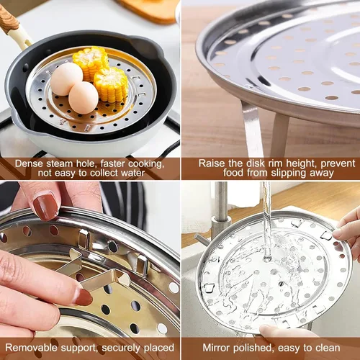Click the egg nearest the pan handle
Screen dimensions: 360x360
tap(66, 79)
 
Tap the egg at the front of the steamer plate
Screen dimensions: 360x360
tap(84, 97)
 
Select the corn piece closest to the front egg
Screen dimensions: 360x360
tap(111, 84)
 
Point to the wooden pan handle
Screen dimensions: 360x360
tap(9, 20)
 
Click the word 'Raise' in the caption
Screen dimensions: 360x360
tap(212, 163)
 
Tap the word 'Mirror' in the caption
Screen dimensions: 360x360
tap(216, 348)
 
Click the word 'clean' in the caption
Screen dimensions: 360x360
tap(328, 348)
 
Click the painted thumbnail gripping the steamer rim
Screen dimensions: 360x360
tap(45, 207)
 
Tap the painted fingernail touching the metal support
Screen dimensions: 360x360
tap(83, 297)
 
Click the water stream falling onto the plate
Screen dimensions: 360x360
tap(266, 221)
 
